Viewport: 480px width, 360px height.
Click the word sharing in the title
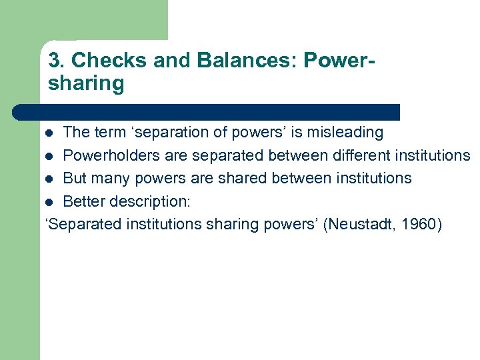point(86,84)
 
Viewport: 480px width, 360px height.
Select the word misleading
point(347,133)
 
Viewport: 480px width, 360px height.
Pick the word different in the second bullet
point(369,155)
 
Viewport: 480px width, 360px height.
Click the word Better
point(85,201)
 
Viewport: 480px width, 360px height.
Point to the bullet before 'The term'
point(53,133)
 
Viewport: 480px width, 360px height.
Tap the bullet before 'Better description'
point(53,201)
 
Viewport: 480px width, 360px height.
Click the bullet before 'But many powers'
point(53,179)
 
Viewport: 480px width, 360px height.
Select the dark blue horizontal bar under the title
point(207,112)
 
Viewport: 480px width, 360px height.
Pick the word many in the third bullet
point(110,178)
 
